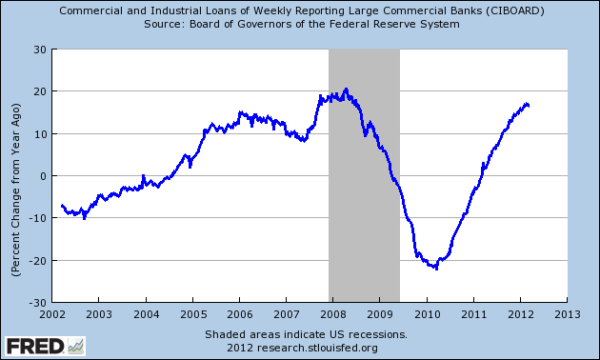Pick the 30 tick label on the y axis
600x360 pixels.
(x=38, y=50)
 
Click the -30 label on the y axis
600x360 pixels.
(x=36, y=303)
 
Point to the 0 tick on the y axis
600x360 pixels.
(x=41, y=176)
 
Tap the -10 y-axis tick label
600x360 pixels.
(x=36, y=218)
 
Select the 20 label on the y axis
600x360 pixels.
(x=38, y=91)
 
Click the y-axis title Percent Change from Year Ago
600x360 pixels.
(x=16, y=176)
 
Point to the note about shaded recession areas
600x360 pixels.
(x=306, y=334)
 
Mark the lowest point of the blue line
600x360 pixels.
(x=436, y=269)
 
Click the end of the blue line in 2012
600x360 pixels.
(x=529, y=105)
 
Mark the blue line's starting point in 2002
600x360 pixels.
(x=61, y=205)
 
